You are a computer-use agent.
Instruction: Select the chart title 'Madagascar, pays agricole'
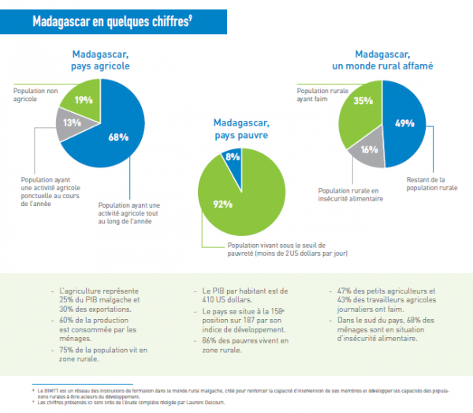coord(101,61)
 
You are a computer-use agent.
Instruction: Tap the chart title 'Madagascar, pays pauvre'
coord(241,129)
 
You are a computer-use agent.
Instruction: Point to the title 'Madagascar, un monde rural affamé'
coord(383,61)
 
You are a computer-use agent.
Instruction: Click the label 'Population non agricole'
coord(35,96)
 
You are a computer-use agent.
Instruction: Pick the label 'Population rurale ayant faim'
coord(315,96)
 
